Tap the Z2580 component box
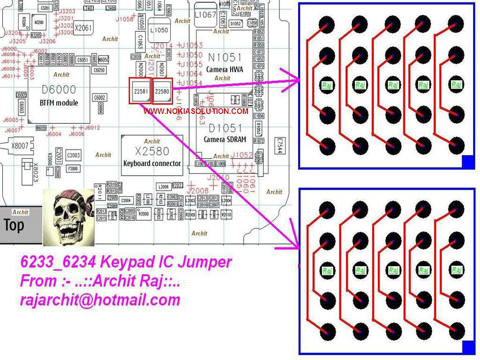tap(162, 91)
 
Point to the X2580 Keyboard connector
tap(151, 155)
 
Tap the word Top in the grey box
tap(14, 225)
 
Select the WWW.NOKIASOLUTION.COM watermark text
tap(196, 112)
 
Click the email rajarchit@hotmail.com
tap(100, 300)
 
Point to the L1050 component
tap(159, 30)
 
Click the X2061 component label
tap(83, 28)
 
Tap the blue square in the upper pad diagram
tap(468, 162)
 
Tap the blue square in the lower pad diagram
tap(468, 347)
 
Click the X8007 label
tap(20, 146)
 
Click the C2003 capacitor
tap(73, 155)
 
